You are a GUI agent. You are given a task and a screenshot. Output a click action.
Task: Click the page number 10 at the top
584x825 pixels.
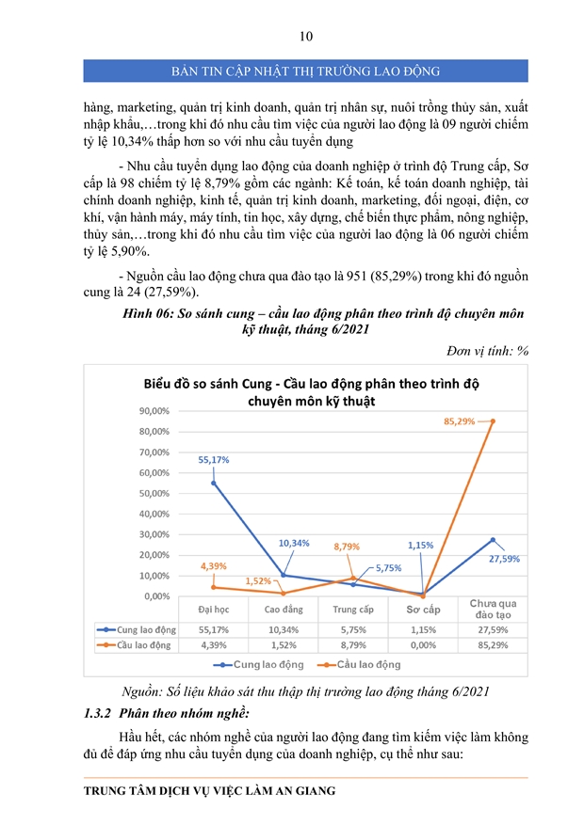(305, 37)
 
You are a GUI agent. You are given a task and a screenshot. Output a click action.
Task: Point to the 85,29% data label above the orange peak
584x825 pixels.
(460, 421)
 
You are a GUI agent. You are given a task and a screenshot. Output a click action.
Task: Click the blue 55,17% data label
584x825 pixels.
(214, 460)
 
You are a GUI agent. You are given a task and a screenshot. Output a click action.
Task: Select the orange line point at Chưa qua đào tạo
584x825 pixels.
(493, 421)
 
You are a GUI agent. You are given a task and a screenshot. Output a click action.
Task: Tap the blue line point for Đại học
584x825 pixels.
(214, 483)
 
